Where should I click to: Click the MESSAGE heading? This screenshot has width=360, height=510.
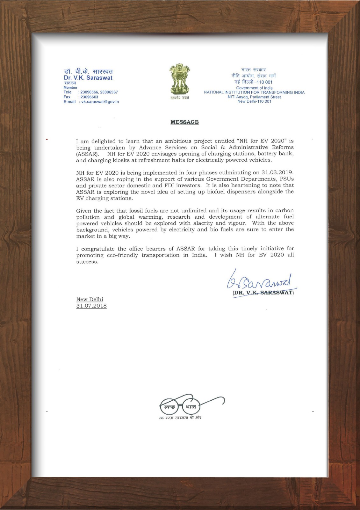tap(184, 122)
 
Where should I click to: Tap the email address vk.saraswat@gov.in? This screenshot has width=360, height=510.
tap(100, 102)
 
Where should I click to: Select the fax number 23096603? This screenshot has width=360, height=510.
tap(89, 97)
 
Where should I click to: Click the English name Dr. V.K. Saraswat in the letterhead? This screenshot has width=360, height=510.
tap(88, 77)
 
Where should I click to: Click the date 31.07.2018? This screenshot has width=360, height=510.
tap(91, 306)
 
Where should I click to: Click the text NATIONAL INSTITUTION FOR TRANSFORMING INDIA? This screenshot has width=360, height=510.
tap(254, 92)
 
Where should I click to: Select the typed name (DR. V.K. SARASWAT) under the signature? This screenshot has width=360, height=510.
tap(263, 292)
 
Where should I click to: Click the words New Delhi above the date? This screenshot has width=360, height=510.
tap(90, 299)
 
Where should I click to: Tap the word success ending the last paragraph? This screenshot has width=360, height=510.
tap(87, 262)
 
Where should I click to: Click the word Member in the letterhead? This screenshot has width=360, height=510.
tap(70, 88)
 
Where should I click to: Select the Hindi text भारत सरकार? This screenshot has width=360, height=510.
tap(254, 69)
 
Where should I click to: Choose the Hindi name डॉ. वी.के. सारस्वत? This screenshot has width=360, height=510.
tap(88, 71)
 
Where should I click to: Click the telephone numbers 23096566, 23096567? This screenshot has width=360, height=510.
tap(99, 92)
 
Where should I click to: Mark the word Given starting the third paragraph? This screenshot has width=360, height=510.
tap(83, 211)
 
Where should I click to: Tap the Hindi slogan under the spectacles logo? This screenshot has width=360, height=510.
tap(180, 418)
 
